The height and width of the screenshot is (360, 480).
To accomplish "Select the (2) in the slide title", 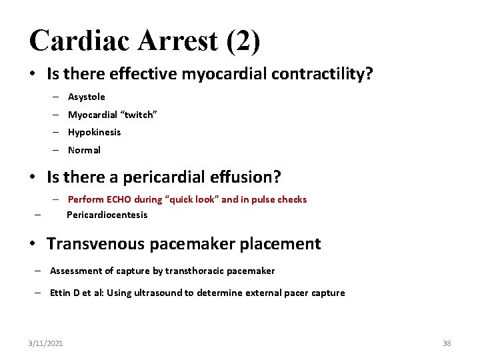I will click(x=243, y=41).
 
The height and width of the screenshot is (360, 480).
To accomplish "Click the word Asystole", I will click(x=87, y=97).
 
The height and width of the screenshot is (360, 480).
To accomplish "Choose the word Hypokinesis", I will click(x=95, y=132).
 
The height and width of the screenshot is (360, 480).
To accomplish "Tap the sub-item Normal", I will click(x=84, y=150).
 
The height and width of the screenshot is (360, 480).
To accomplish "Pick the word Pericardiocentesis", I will click(x=107, y=215).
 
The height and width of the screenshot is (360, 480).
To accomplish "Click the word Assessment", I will click(x=74, y=271).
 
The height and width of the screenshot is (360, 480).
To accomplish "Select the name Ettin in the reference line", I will click(x=61, y=293).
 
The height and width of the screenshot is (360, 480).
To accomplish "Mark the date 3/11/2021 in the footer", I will click(x=46, y=343).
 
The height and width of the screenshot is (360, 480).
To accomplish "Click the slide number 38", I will click(x=447, y=343).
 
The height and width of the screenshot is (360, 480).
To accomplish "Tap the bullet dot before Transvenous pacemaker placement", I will click(x=33, y=244).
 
